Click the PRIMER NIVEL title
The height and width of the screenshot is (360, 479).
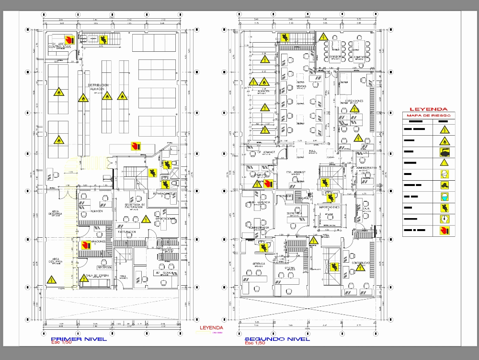pos(72,338)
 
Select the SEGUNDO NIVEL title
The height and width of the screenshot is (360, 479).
pos(277,338)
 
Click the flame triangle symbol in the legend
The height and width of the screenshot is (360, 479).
pos(444,141)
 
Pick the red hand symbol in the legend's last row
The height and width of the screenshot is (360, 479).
pos(444,231)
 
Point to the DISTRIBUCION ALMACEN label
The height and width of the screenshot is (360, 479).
pos(98,87)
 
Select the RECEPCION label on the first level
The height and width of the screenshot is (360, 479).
pos(104,267)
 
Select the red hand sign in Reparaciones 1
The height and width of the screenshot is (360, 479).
pos(87,245)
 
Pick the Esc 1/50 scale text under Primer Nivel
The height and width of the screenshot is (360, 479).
pos(61,343)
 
